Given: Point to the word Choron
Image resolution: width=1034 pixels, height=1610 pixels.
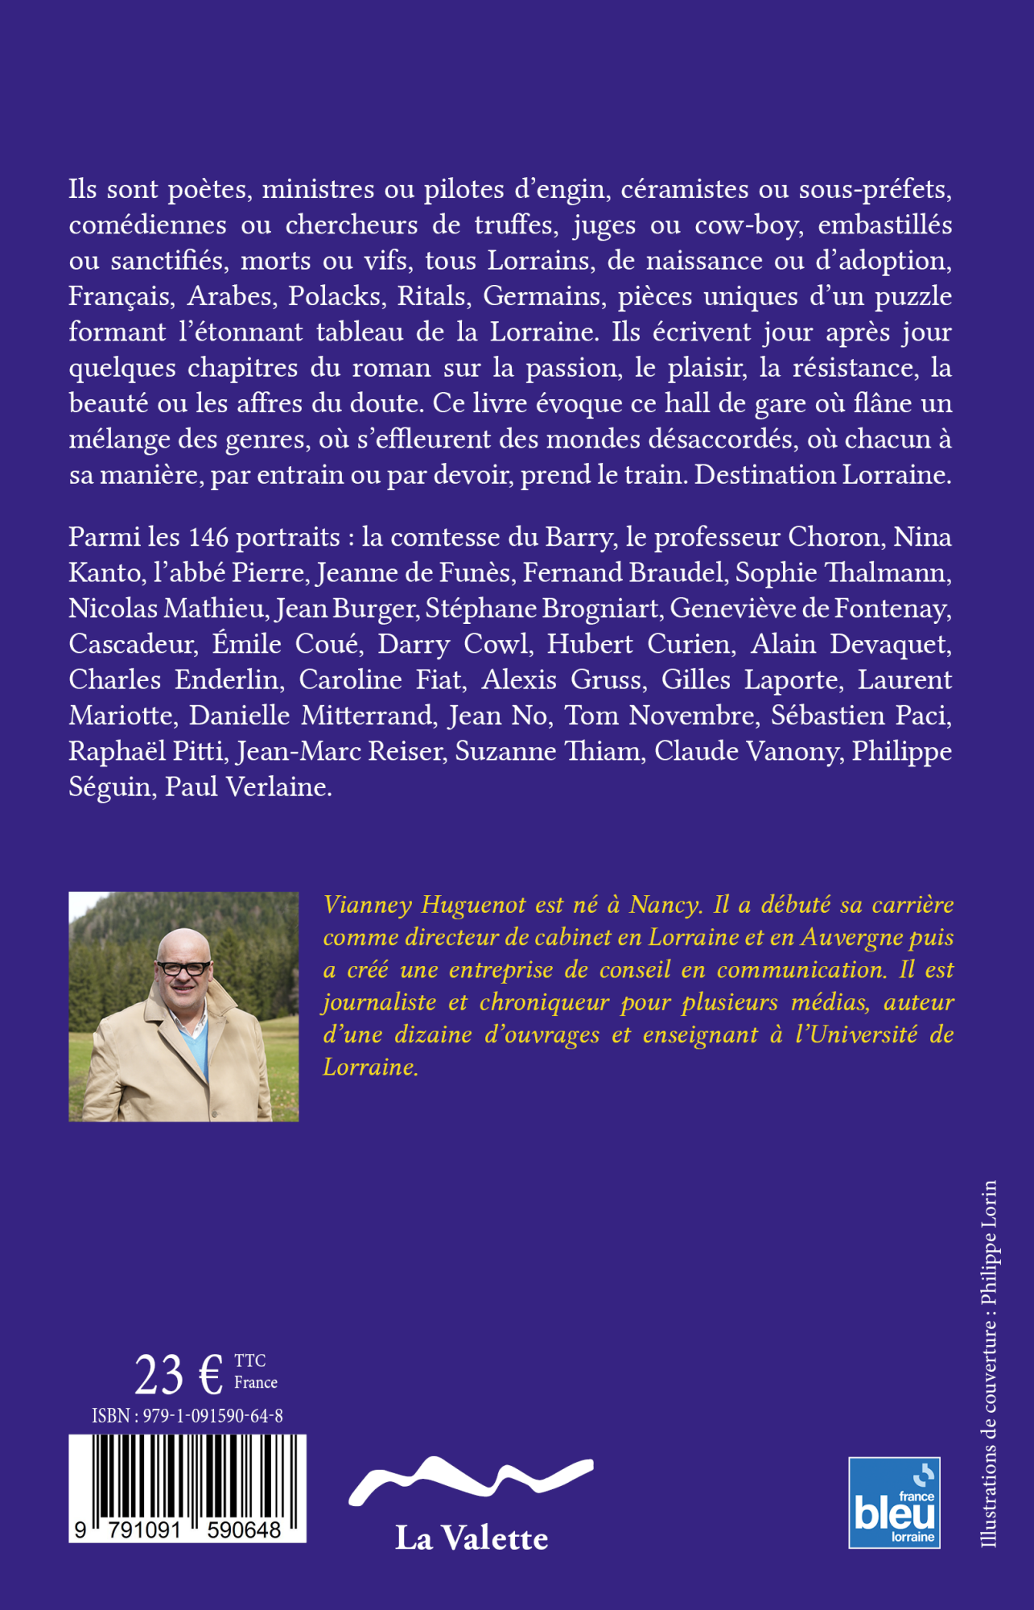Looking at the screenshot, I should [834, 537].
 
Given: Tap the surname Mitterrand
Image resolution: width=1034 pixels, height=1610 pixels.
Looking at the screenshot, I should [367, 716].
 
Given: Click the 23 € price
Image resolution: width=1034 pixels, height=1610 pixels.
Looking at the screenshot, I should [179, 1375].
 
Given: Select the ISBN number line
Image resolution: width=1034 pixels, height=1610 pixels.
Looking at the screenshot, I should [187, 1416].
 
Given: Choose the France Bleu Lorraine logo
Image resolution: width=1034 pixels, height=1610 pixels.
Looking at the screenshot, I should [894, 1502].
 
